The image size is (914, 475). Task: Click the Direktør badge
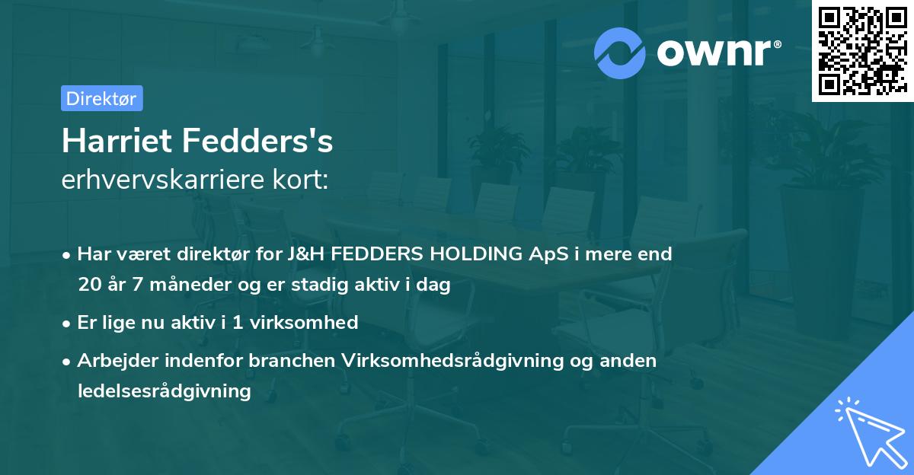coord(101,98)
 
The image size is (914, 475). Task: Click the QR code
coord(862,51)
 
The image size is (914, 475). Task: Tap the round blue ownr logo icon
coord(620,53)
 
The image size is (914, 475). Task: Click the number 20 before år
coord(88,285)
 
